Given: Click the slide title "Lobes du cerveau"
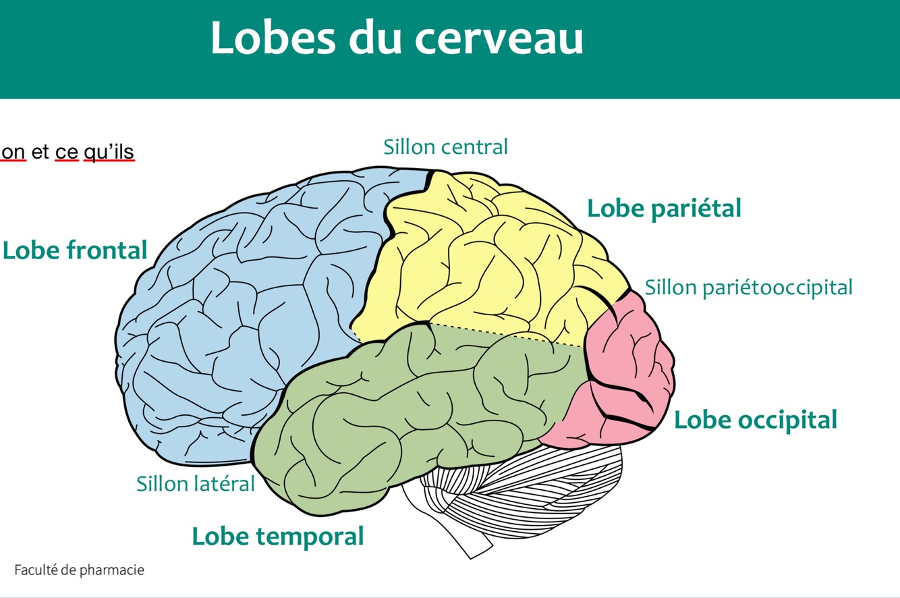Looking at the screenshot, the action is coord(397,38).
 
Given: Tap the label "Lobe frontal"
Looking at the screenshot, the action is coord(75,250).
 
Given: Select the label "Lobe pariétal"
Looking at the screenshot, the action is coord(664,208).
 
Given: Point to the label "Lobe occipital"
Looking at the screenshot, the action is coord(756,420).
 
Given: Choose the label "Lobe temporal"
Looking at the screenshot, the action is coord(278,537).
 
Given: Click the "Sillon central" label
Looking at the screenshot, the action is coord(445,146).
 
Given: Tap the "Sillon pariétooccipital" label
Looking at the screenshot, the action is coord(748,288).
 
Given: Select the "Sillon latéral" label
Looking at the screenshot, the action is coord(196,483).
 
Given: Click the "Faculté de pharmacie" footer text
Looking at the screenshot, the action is coord(79,570).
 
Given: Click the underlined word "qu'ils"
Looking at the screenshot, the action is coord(109,153).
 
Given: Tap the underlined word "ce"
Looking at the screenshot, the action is coord(66,153).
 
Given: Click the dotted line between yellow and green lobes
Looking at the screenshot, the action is coord(506,334).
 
